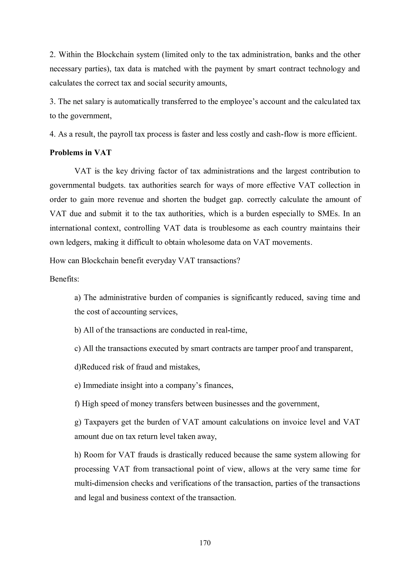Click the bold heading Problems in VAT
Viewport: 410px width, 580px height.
pos(80,153)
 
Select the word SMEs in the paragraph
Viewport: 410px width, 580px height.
pos(327,214)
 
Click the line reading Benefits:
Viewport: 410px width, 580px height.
pos(64,279)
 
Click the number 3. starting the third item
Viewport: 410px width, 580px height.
pos(52,102)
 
